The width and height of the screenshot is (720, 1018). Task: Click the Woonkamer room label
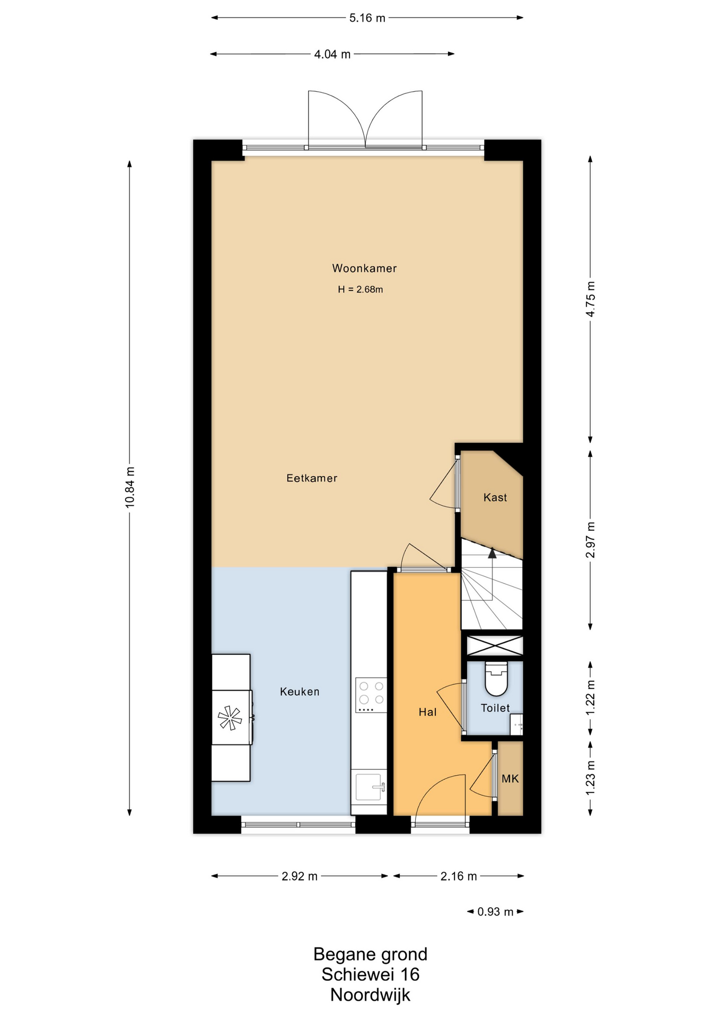pyautogui.click(x=364, y=268)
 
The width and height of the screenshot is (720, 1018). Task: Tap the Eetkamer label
pyautogui.click(x=312, y=478)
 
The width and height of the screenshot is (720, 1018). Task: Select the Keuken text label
pyautogui.click(x=300, y=691)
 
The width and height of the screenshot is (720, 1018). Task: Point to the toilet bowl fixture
pyautogui.click(x=496, y=679)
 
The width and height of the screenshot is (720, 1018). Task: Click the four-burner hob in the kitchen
pyautogui.click(x=371, y=695)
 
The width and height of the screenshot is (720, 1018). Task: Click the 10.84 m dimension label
pyautogui.click(x=130, y=487)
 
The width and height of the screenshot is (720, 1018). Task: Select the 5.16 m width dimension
pyautogui.click(x=367, y=18)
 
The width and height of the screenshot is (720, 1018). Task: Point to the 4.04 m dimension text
pyautogui.click(x=332, y=54)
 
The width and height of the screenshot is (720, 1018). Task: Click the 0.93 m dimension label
pyautogui.click(x=495, y=911)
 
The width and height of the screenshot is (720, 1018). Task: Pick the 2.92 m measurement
pyautogui.click(x=300, y=876)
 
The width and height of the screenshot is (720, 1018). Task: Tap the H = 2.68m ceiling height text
pyautogui.click(x=361, y=289)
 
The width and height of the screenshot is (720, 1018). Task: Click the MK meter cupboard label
pyautogui.click(x=510, y=778)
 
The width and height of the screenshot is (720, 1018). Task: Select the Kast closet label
pyautogui.click(x=495, y=497)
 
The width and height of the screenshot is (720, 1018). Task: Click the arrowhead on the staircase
pyautogui.click(x=492, y=553)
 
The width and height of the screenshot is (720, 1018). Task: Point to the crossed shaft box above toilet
pyautogui.click(x=495, y=646)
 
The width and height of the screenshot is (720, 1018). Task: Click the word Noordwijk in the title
pyautogui.click(x=370, y=995)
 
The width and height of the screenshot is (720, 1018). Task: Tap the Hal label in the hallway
pyautogui.click(x=427, y=712)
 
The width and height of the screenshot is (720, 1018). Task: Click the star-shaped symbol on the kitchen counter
pyautogui.click(x=230, y=718)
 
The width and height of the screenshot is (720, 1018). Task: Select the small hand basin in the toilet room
pyautogui.click(x=516, y=724)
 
